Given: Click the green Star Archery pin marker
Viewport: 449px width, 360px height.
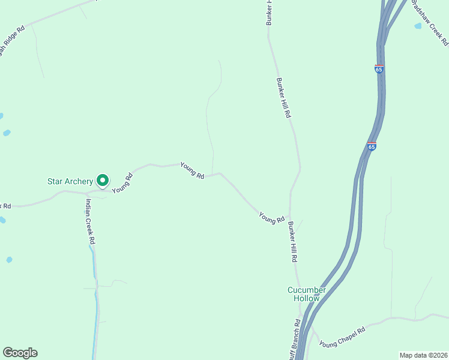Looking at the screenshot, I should [x=103, y=179].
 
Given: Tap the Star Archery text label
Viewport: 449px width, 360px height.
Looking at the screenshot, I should [x=70, y=181].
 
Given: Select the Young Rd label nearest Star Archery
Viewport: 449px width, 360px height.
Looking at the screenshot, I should [x=122, y=182].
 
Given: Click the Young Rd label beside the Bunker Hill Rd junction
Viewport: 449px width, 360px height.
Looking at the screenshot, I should [x=271, y=218].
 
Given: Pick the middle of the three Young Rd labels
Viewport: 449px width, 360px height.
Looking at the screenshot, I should [x=193, y=172].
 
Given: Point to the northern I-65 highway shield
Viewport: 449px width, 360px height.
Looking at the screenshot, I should [x=379, y=69].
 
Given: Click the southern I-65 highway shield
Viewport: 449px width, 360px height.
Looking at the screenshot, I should [x=372, y=146].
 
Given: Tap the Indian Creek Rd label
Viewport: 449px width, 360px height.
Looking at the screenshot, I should [x=91, y=221].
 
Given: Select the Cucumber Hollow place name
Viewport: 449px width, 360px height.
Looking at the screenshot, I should [x=307, y=294].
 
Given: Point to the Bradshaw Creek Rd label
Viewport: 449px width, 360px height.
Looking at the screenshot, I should [x=430, y=23].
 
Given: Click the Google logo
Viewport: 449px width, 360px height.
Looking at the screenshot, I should [x=20, y=353].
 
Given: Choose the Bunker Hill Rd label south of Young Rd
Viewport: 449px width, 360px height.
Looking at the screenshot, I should [x=292, y=242].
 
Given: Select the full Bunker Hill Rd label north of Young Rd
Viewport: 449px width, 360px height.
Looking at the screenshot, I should [x=283, y=97].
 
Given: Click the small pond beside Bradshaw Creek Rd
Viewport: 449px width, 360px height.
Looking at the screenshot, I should [x=418, y=26].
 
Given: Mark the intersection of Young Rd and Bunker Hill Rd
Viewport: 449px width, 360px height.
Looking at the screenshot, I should [x=289, y=217].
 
